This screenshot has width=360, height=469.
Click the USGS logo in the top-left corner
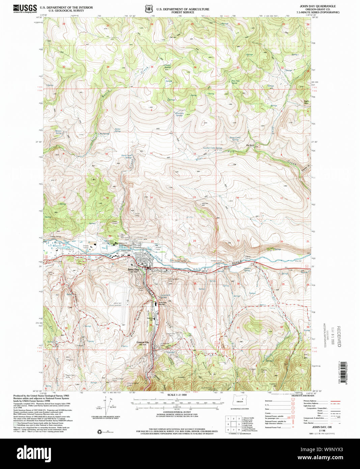(x=25, y=8)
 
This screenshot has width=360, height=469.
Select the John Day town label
(x=133, y=270)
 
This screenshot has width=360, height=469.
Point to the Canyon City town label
(x=142, y=342)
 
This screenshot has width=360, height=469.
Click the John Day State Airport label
(x=117, y=304)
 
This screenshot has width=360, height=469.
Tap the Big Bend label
(x=250, y=145)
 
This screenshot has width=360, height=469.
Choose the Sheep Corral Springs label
(x=235, y=138)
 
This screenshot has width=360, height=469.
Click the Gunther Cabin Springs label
(x=212, y=148)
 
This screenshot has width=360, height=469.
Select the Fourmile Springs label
(x=179, y=114)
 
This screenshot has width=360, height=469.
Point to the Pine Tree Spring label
(x=236, y=82)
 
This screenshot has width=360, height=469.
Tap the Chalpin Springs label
(x=168, y=66)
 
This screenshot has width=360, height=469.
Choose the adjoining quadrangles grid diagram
(x=233, y=424)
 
